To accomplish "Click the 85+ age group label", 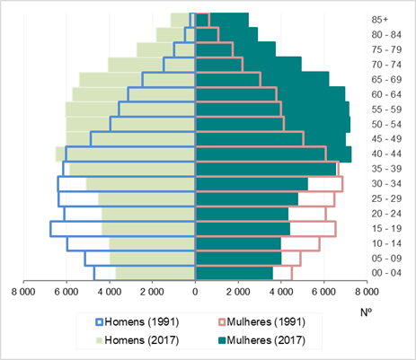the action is click(380, 20).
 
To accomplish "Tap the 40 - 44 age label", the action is click(386, 154).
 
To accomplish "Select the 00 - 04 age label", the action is click(386, 273).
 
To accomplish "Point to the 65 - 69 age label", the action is click(386, 80).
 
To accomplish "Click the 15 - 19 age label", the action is click(386, 229).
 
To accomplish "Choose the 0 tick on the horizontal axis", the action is click(195, 292).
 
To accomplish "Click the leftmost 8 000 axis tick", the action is click(23, 292).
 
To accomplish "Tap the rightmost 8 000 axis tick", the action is click(367, 292).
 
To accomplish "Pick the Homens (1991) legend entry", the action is click(137, 322).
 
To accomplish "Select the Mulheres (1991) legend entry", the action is click(261, 322).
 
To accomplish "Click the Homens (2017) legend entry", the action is click(137, 340).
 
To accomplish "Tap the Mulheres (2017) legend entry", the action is click(261, 340).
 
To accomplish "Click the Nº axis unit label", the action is click(366, 312).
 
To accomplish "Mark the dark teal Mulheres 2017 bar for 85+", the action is click(222, 20).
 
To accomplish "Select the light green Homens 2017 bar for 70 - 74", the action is click(151, 65).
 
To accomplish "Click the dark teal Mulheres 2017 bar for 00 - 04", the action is click(235, 273).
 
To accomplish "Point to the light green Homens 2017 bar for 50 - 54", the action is click(130, 124).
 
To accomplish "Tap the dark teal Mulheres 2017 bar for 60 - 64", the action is click(270, 94).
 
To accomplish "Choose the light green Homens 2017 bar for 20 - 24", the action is click(148, 214).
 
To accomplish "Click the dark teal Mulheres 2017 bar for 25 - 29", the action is click(247, 198).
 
